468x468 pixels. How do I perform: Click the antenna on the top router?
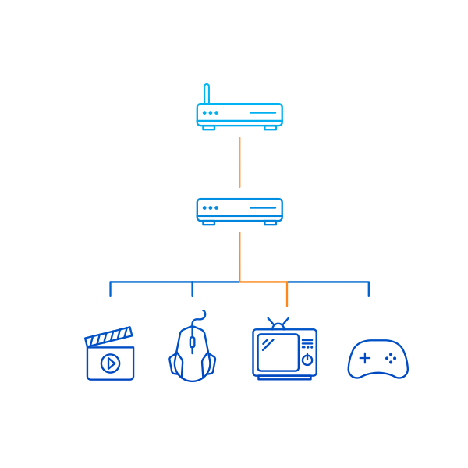coord(207,94)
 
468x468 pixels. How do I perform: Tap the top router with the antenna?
coord(239,114)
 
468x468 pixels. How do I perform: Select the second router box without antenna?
coord(239,209)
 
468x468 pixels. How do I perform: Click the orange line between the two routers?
coord(239,162)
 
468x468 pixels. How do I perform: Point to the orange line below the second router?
coord(239,256)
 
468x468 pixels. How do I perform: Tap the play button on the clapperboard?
coord(111,363)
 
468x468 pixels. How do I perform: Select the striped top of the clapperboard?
coord(108,337)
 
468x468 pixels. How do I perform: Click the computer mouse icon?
coord(192,351)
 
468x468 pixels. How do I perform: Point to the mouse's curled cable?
coord(202,316)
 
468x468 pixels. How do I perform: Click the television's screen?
coord(278,353)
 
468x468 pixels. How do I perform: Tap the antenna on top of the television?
coord(278,322)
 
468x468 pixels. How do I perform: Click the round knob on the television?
coord(307,360)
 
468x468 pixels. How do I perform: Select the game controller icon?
coord(378,359)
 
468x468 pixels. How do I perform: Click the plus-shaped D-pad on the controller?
coord(364,358)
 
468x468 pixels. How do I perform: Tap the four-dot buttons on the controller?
coord(391,358)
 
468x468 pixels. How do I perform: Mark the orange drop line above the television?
coord(287,294)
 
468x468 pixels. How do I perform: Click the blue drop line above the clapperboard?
coord(110,289)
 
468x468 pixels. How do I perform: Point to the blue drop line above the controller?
coord(368,289)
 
